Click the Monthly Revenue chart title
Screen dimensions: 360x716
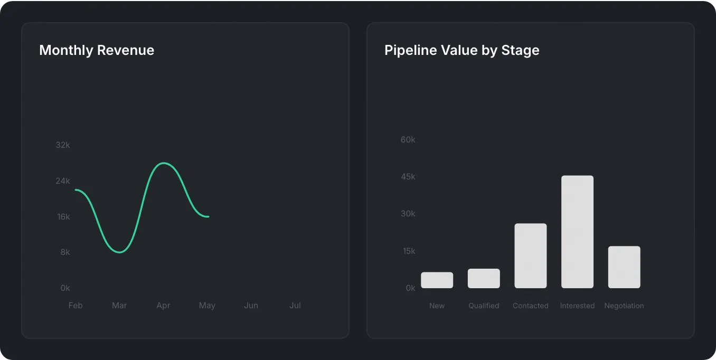click(97, 50)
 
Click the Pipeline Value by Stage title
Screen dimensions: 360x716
click(461, 50)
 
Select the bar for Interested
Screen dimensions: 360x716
click(577, 232)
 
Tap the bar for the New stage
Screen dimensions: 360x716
click(437, 280)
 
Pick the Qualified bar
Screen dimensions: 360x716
click(484, 279)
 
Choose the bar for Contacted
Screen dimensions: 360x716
click(531, 256)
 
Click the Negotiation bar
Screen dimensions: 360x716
click(624, 267)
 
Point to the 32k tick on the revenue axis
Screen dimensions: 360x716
click(63, 145)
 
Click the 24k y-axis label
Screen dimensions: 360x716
click(63, 181)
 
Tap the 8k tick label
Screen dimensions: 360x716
click(65, 252)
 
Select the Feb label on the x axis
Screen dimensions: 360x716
click(76, 305)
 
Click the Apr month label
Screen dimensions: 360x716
click(163, 305)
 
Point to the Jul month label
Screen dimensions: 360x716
click(295, 305)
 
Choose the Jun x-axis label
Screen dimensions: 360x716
click(251, 305)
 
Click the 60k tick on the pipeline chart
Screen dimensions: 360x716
click(408, 139)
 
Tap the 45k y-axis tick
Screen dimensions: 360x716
click(408, 176)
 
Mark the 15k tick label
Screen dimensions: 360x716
click(409, 251)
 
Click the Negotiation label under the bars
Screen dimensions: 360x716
click(624, 306)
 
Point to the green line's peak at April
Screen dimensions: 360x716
click(164, 163)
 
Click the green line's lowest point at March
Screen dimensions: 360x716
click(120, 252)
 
